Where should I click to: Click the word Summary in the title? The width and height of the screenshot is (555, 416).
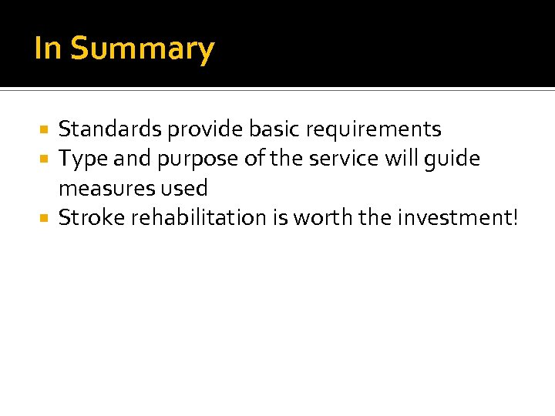click(x=142, y=49)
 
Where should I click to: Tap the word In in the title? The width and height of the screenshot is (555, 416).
click(x=47, y=48)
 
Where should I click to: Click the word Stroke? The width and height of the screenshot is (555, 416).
click(x=92, y=218)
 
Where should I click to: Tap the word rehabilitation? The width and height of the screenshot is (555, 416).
click(x=200, y=218)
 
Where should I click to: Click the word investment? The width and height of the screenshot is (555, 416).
click(x=458, y=218)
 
